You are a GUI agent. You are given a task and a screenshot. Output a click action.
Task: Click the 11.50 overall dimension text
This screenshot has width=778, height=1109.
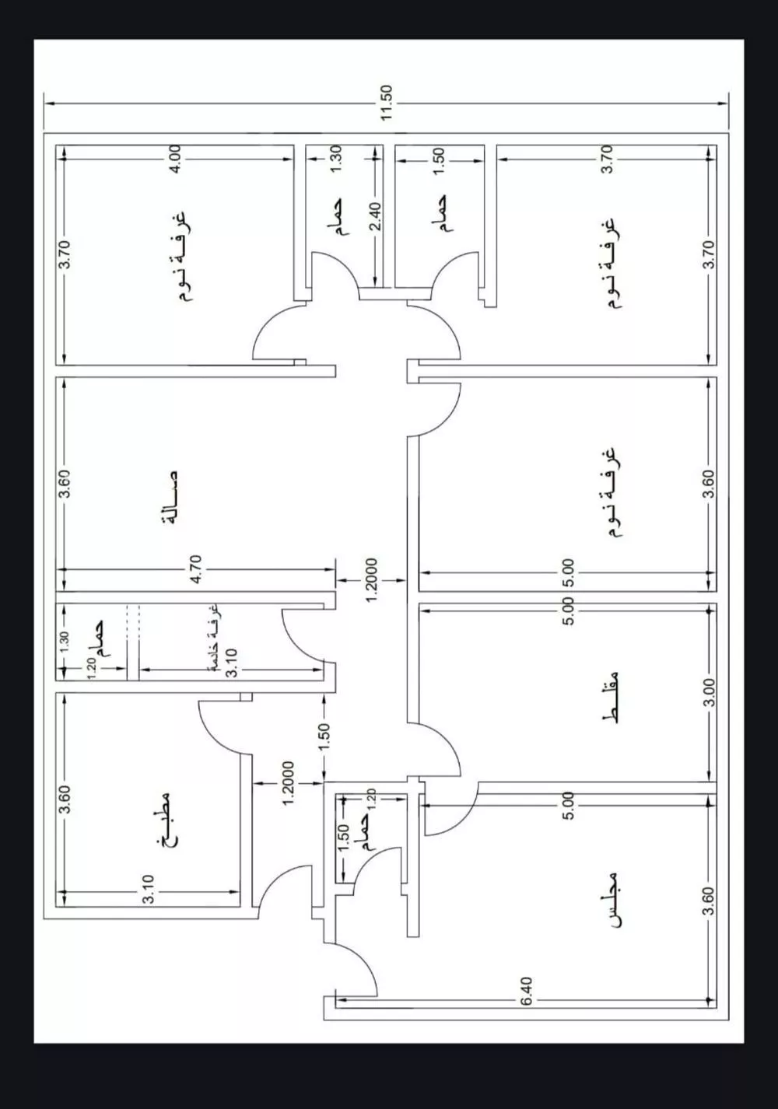(x=387, y=102)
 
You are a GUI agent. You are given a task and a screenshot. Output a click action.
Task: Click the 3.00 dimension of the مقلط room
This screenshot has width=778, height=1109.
(x=708, y=691)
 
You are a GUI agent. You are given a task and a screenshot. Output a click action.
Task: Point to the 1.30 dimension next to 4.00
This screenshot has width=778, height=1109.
(x=336, y=158)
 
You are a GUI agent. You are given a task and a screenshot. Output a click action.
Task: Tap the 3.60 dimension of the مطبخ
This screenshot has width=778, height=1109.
(x=65, y=799)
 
